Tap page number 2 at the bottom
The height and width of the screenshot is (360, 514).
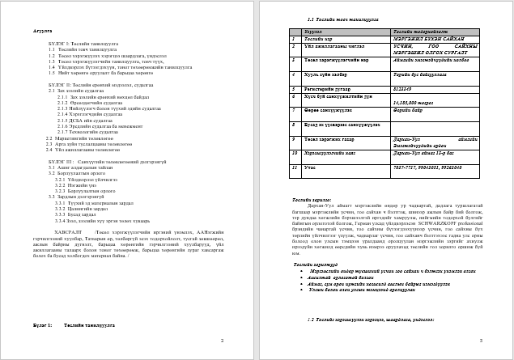pos(223,341)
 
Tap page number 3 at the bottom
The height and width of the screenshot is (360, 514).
pos(481,341)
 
